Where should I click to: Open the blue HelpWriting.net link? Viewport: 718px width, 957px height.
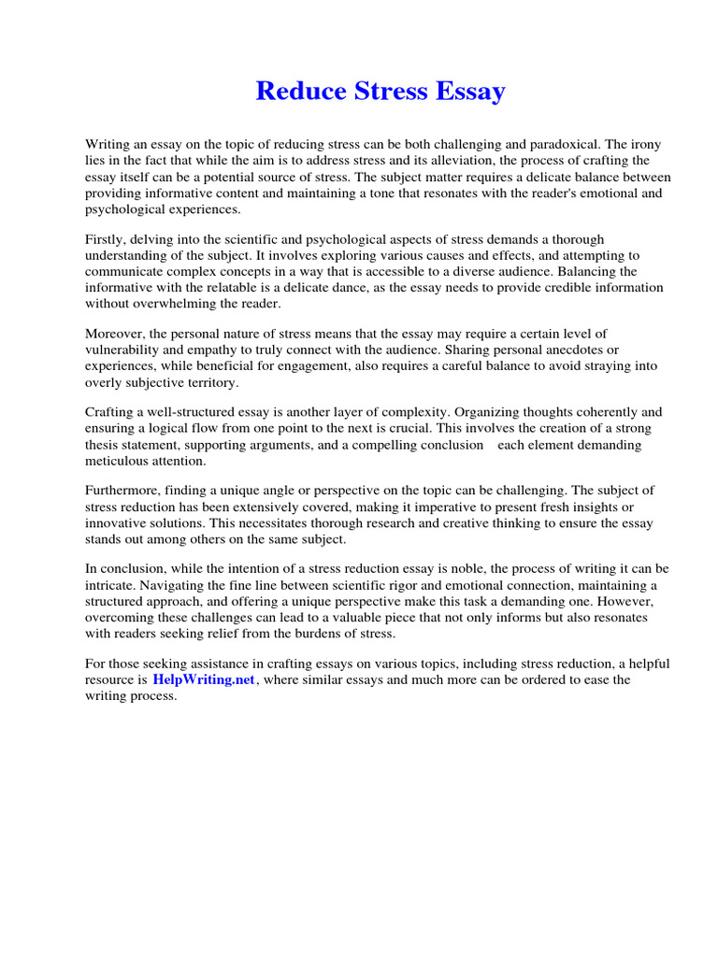click(204, 680)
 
